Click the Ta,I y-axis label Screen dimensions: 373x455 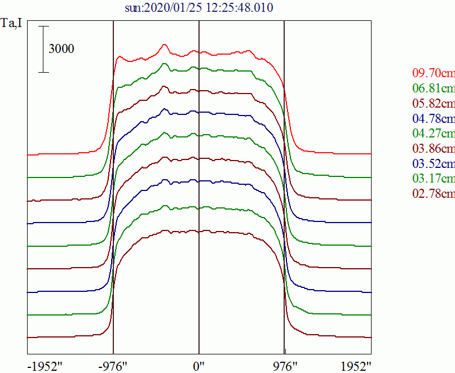(x=12, y=26)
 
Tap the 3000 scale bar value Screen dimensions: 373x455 (x=61, y=49)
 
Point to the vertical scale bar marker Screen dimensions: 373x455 (x=45, y=49)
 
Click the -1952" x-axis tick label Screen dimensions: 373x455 (x=45, y=366)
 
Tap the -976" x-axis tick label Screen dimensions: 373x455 (x=113, y=366)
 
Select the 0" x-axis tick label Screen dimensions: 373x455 (x=199, y=366)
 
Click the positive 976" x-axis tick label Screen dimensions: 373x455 (x=285, y=366)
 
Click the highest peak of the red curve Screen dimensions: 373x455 (x=165, y=45)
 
